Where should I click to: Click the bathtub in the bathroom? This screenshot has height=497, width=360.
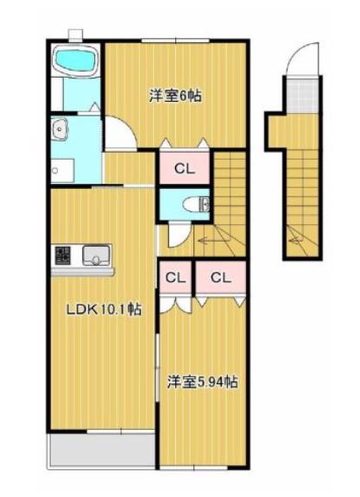(76, 60)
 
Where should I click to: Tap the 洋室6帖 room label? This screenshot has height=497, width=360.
(175, 96)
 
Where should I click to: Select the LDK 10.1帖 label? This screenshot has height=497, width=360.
(104, 310)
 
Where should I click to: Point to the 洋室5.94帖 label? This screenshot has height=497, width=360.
(203, 382)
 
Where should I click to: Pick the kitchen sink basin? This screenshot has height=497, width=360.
(96, 255)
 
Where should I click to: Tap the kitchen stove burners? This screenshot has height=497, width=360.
(63, 255)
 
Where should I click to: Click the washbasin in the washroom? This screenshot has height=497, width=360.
(60, 129)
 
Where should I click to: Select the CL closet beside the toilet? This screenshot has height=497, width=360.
(184, 168)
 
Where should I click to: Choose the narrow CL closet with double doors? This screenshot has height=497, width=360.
(175, 278)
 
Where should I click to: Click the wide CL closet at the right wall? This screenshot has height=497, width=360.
(221, 278)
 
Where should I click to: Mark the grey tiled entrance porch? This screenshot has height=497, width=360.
(302, 95)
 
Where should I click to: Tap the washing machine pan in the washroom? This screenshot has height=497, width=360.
(62, 171)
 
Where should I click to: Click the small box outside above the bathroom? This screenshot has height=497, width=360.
(75, 35)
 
